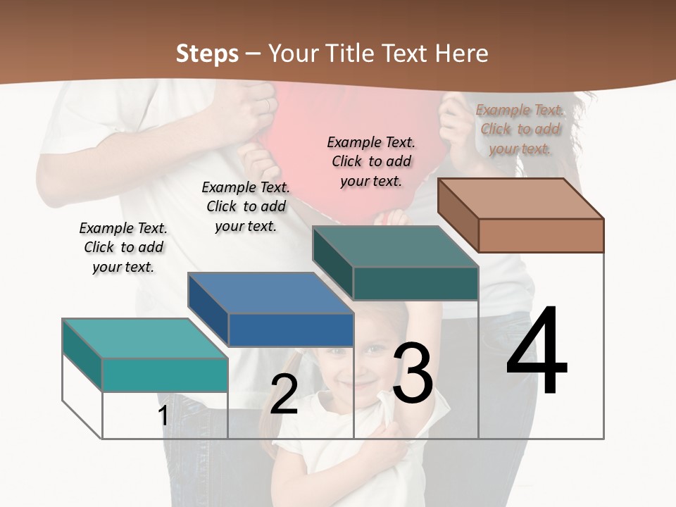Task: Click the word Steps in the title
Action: click(207, 54)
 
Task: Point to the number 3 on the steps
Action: click(412, 373)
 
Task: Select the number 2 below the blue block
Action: click(284, 394)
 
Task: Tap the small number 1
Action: click(163, 415)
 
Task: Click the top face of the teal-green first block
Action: click(145, 339)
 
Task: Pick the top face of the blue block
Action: click(270, 293)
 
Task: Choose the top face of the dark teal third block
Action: click(395, 246)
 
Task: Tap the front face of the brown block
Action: click(541, 235)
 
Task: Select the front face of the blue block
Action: click(291, 330)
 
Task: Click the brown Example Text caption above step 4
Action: click(520, 129)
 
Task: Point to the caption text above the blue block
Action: click(246, 206)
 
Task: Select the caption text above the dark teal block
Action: click(371, 161)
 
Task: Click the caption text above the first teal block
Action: click(123, 247)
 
